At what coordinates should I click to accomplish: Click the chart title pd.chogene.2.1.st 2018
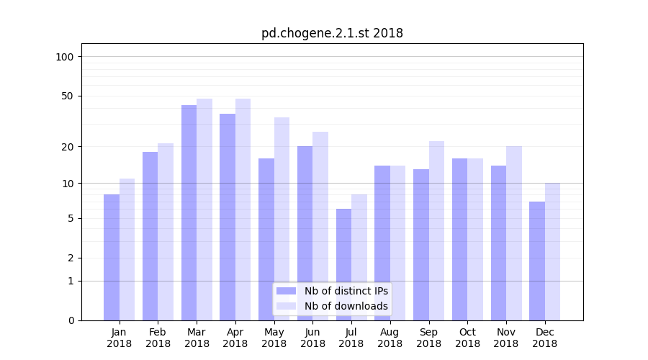pyautogui.click(x=332, y=33)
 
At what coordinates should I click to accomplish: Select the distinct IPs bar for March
pyautogui.click(x=189, y=212)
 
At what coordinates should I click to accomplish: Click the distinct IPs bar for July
pyautogui.click(x=343, y=264)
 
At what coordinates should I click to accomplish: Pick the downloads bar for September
pyautogui.click(x=436, y=230)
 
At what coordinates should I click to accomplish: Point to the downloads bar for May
pyautogui.click(x=282, y=219)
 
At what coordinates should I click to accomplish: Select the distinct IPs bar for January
pyautogui.click(x=112, y=257)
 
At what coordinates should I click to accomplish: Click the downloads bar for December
pyautogui.click(x=552, y=251)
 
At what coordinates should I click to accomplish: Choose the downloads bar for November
pyautogui.click(x=513, y=233)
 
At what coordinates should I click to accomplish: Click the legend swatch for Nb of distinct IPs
pyautogui.click(x=287, y=291)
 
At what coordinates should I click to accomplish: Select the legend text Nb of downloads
pyautogui.click(x=346, y=306)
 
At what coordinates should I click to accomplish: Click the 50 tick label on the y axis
pyautogui.click(x=68, y=96)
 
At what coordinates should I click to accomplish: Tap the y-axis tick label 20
pyautogui.click(x=68, y=147)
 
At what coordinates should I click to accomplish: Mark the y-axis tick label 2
pyautogui.click(x=71, y=258)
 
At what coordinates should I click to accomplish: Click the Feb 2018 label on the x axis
pyautogui.click(x=158, y=338)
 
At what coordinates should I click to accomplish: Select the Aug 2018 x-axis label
pyautogui.click(x=390, y=338)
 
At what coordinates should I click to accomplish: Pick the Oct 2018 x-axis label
pyautogui.click(x=467, y=338)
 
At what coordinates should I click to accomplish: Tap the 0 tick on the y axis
pyautogui.click(x=71, y=320)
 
